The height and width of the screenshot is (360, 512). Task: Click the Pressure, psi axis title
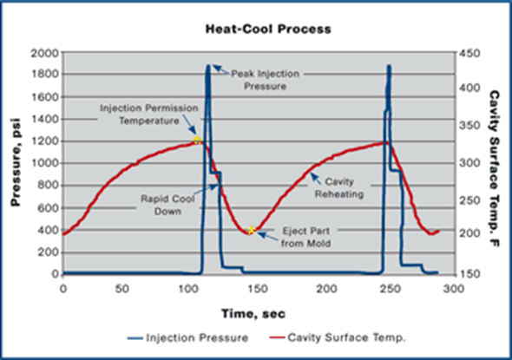tap(16, 162)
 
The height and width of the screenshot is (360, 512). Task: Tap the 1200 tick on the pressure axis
tap(42, 141)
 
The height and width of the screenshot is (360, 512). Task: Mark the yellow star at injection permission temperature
tap(198, 140)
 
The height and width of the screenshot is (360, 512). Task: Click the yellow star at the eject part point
tap(253, 231)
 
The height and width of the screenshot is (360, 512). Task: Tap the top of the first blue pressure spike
tap(208, 66)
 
